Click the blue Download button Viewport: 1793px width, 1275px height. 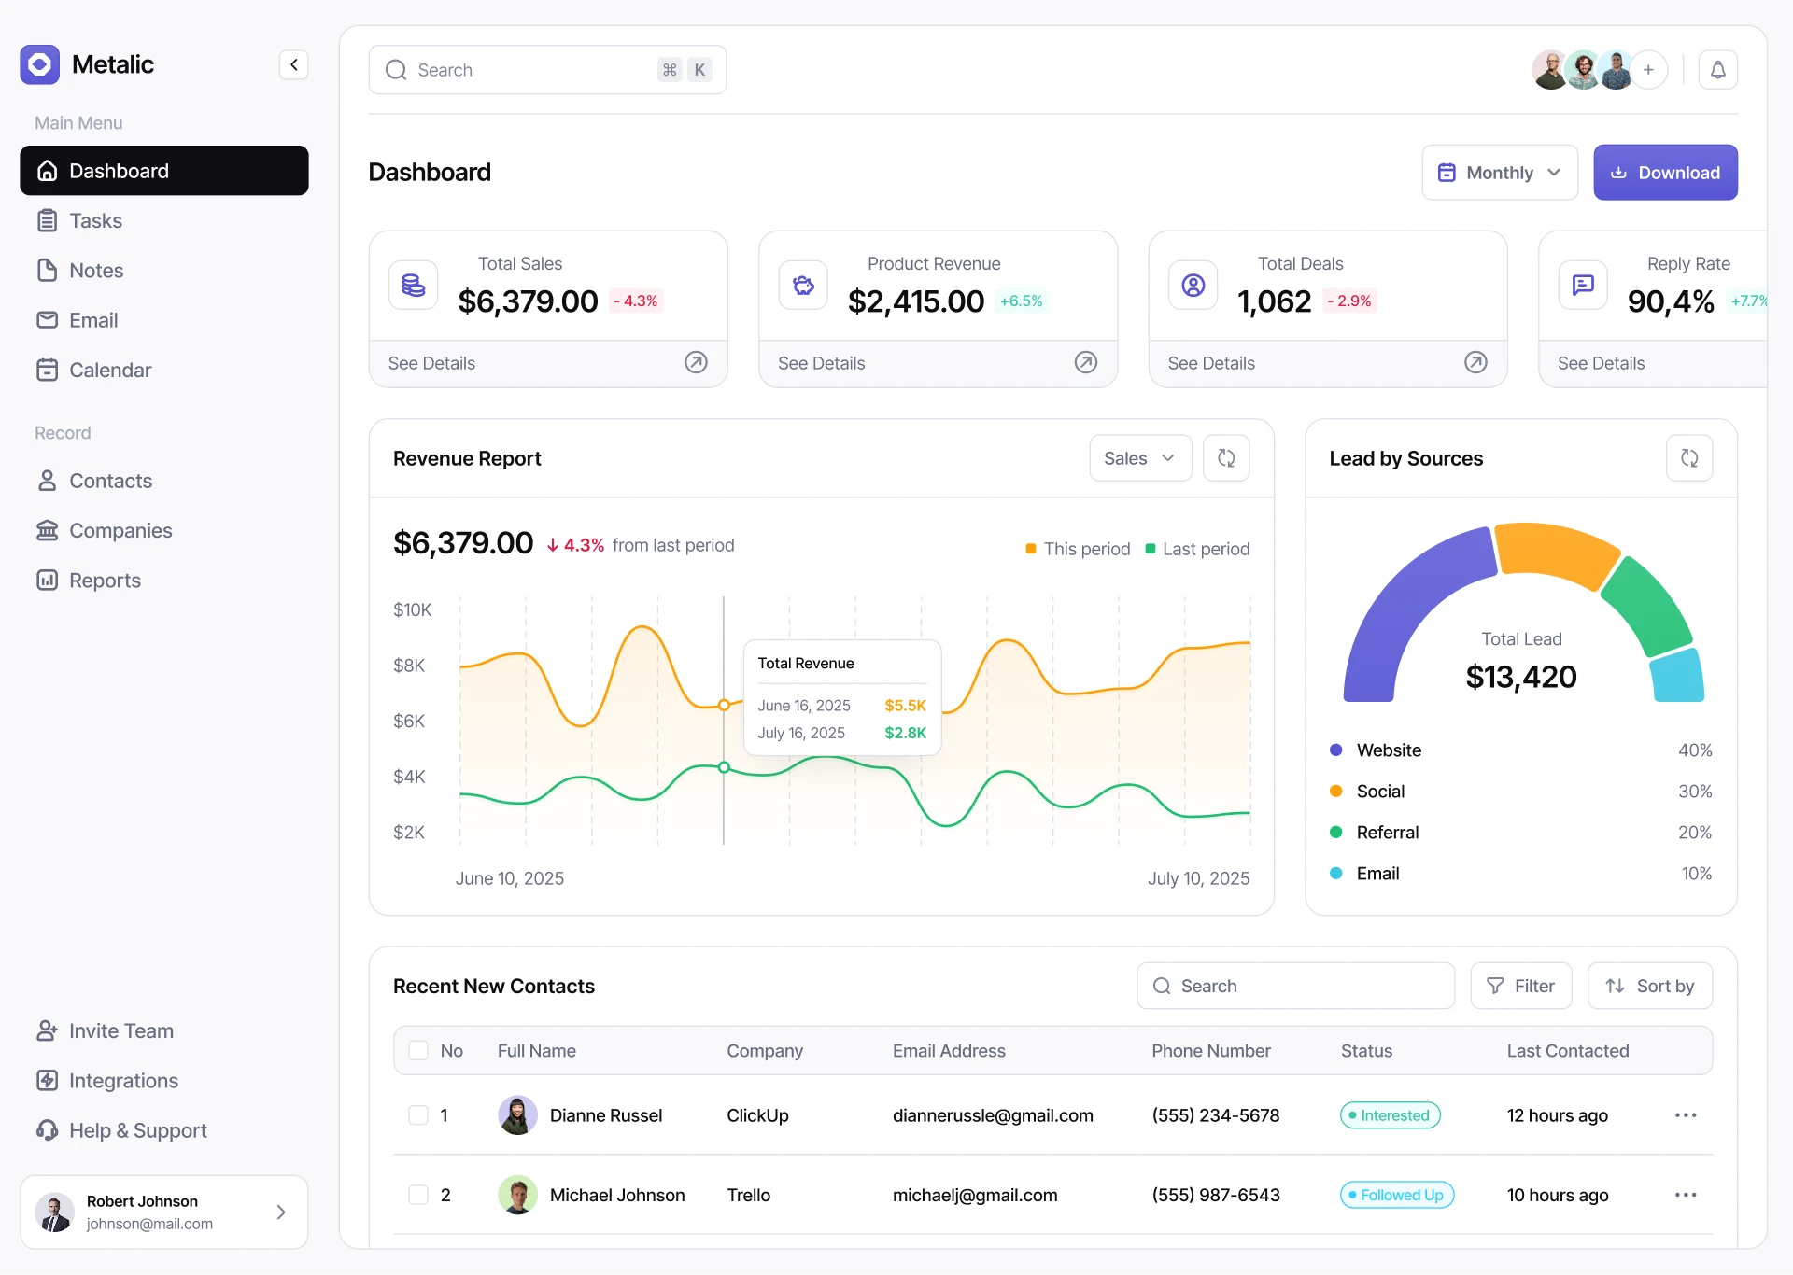point(1664,173)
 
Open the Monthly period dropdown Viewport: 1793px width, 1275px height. point(1499,173)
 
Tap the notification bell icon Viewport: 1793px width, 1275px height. point(1717,70)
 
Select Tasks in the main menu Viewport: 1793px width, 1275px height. point(95,221)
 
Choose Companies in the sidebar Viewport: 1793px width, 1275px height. point(120,531)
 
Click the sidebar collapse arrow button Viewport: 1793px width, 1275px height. point(293,64)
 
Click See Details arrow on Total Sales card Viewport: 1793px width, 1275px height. point(696,363)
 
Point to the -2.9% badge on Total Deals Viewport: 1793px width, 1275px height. point(1349,301)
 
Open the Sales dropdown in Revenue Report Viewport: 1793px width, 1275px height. point(1139,458)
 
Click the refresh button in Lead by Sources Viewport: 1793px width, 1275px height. point(1688,458)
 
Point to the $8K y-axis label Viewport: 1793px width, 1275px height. point(409,666)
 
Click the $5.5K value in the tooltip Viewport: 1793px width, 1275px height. point(905,706)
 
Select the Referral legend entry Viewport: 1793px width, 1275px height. point(1387,833)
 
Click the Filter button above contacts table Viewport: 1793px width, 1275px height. point(1520,987)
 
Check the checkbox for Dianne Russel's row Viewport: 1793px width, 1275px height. point(418,1115)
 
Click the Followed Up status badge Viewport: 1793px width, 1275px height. point(1397,1196)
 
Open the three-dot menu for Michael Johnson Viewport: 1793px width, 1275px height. point(1685,1196)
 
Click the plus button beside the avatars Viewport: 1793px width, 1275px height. point(1648,70)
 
